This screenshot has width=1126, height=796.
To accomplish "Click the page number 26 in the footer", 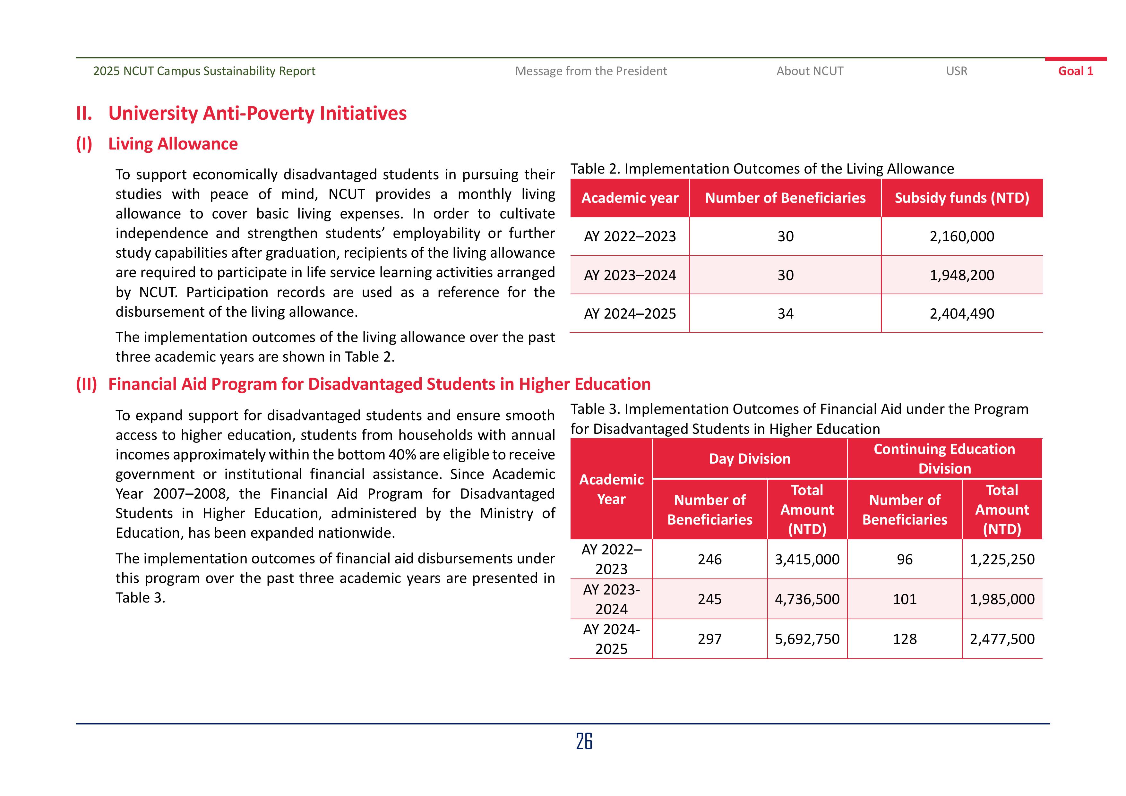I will point(584,741).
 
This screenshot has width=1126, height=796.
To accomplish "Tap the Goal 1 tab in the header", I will point(1076,71).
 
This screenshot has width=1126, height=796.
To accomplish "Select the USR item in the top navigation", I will point(956,71).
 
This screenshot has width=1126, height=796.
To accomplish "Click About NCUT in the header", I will point(810,71).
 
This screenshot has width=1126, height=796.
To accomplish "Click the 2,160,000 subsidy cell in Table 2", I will point(962,236).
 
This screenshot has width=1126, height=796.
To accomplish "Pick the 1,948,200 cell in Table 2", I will point(962,275).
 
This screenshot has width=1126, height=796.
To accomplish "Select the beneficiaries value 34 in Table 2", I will point(785,314).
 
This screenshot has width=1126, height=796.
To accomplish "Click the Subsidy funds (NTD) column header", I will point(962,198).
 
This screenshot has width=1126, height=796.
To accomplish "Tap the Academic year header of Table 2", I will point(630,198).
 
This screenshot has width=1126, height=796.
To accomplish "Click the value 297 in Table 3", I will point(709,639).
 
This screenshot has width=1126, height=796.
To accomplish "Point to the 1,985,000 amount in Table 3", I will point(1002,599).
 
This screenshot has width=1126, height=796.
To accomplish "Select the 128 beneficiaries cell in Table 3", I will point(904,639).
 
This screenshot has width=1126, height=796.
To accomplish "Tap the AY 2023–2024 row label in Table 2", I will point(630,275).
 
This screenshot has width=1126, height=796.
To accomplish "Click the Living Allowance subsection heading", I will point(173,144).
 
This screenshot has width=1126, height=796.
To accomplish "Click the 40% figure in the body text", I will point(402,455).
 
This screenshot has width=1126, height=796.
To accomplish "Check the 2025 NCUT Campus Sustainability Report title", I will point(204,71).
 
